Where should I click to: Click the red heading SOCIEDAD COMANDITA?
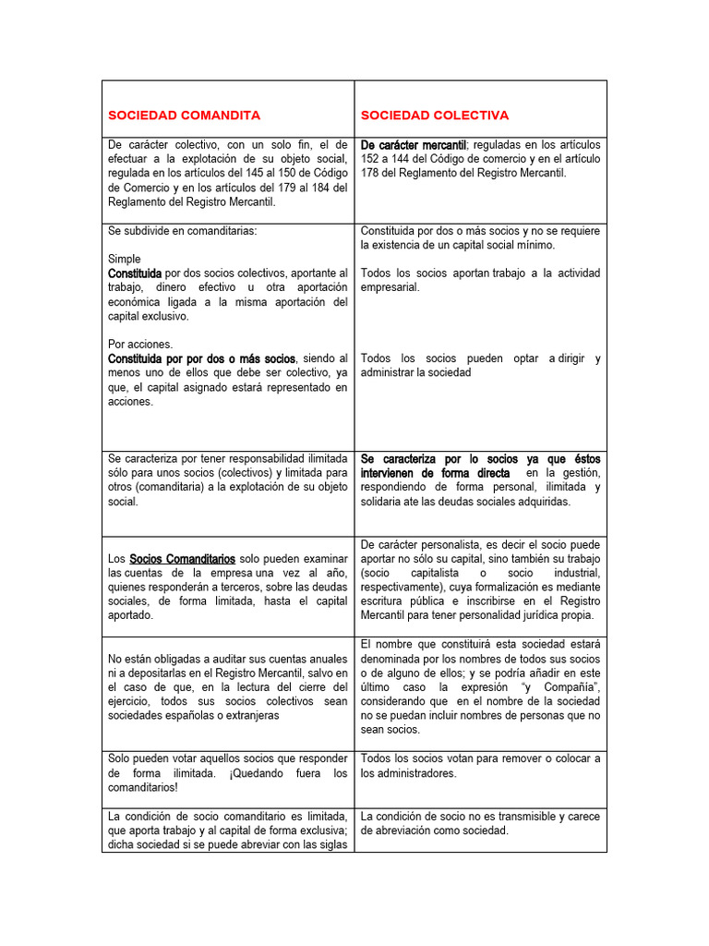184,115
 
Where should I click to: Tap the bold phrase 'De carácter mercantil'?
413,145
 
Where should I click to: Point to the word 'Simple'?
125,260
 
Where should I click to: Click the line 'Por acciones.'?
140,344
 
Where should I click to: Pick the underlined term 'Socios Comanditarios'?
182,559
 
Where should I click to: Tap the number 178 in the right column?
371,173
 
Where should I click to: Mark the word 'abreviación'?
413,831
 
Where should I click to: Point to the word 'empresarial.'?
390,287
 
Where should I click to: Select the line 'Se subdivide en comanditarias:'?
182,231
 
